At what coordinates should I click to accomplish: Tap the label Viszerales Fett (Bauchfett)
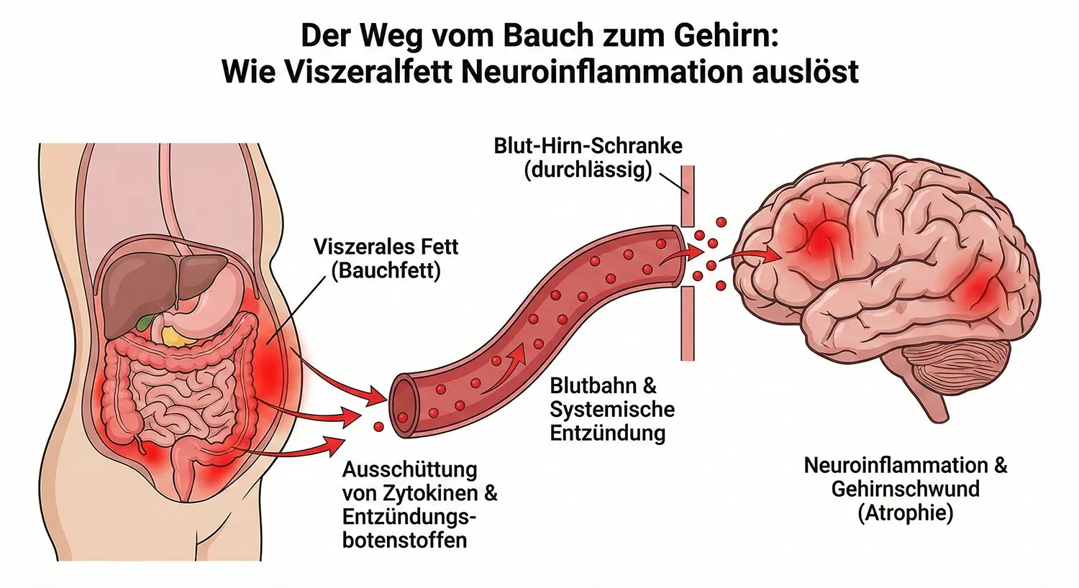386,259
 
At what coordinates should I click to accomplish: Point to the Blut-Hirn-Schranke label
588,146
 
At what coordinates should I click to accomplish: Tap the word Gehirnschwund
905,489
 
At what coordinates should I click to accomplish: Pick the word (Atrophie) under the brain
905,513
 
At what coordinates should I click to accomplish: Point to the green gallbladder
148,321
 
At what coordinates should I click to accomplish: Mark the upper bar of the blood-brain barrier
688,194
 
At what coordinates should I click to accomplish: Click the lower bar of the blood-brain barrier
688,323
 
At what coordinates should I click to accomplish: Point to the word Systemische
612,409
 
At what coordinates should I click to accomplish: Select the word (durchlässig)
588,170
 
